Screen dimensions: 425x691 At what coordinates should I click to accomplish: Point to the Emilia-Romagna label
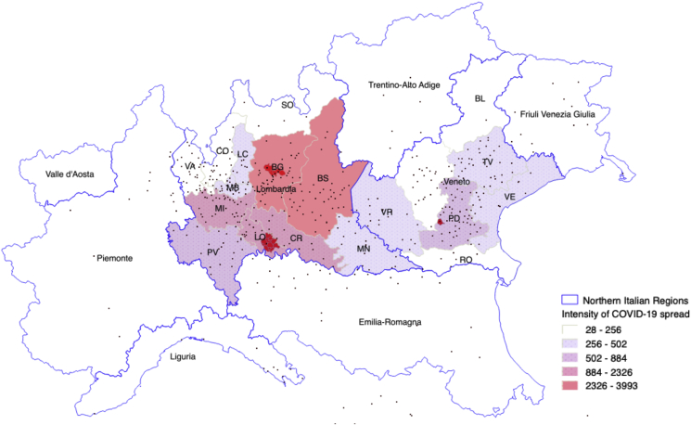[x=389, y=322]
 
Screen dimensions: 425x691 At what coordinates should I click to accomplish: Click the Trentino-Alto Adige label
[x=409, y=84]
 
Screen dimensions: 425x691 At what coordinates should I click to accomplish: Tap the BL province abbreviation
[x=480, y=97]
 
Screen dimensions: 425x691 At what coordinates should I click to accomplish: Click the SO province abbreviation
[x=288, y=105]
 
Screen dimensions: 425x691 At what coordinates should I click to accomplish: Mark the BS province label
[x=324, y=178]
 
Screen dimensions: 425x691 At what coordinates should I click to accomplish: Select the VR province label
[x=387, y=212]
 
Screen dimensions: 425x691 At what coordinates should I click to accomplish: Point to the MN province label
[x=364, y=249]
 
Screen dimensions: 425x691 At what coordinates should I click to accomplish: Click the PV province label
[x=211, y=251]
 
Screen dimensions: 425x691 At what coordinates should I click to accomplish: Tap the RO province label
[x=466, y=261]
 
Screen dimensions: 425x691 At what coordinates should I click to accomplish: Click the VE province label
[x=508, y=198]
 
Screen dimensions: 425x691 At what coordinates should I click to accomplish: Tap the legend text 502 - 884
[x=606, y=357]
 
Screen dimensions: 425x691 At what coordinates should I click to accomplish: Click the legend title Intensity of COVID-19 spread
[x=617, y=314]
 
